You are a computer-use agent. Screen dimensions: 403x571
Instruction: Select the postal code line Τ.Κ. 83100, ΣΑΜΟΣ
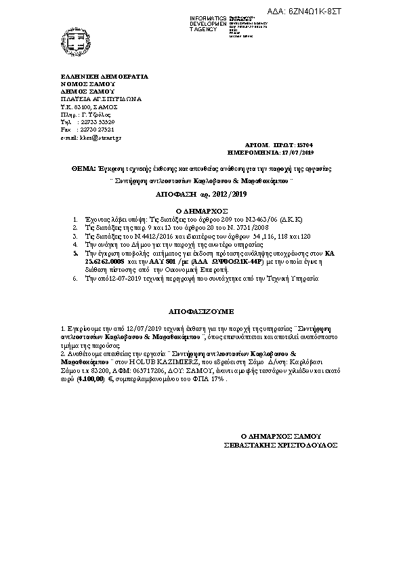(x=89, y=106)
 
